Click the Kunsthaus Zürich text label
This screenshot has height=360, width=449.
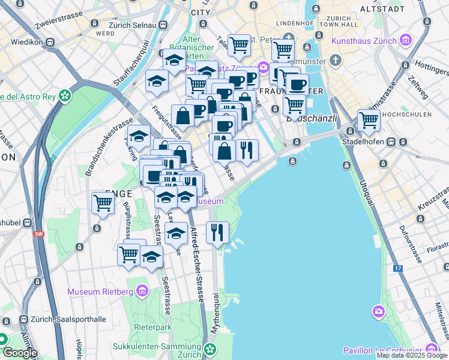(x=364, y=41)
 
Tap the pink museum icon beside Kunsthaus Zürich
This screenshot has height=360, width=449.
(x=406, y=41)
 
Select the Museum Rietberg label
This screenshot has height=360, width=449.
(x=100, y=292)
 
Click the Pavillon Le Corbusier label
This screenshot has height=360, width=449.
(x=382, y=350)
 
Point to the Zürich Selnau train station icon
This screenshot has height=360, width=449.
(x=163, y=26)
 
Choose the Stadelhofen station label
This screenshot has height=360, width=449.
(x=361, y=142)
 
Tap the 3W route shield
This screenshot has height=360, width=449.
(x=39, y=234)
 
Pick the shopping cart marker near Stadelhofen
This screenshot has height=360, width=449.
(x=368, y=121)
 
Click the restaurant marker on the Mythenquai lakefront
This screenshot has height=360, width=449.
(x=217, y=232)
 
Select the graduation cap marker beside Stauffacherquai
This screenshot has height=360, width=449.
(x=157, y=81)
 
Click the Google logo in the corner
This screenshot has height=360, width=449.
(x=19, y=353)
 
